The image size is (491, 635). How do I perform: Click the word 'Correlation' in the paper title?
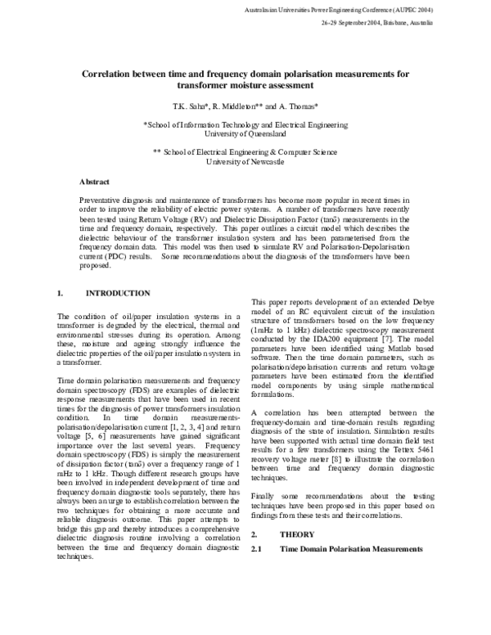[110, 73]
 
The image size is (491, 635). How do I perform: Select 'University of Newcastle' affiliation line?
[245, 163]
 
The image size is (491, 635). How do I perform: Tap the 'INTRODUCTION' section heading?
[118, 292]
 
